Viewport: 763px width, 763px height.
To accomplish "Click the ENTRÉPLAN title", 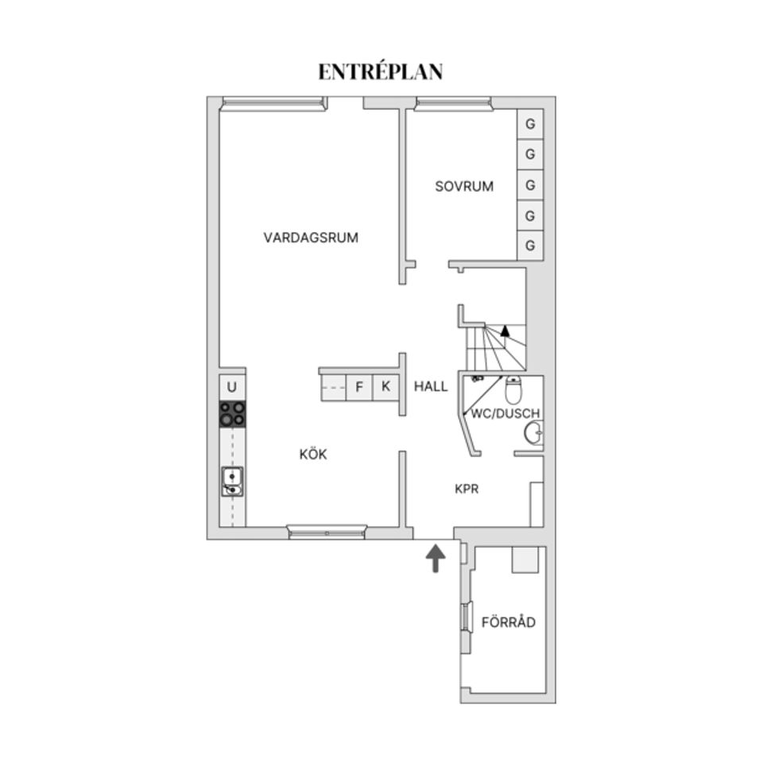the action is click(381, 72).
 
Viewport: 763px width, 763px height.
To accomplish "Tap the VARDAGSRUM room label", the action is click(311, 237).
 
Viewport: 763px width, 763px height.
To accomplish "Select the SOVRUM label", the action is click(464, 187).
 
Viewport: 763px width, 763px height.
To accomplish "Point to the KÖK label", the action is click(313, 455).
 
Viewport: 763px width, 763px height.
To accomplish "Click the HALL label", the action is click(431, 387).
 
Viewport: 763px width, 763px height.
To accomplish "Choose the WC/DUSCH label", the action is click(505, 413).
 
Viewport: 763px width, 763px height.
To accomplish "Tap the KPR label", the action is click(467, 490).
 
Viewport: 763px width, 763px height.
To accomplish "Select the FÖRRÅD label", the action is click(509, 622).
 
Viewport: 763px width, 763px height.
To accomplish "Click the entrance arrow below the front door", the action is click(436, 559).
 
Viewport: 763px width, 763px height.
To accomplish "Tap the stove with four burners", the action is click(233, 414).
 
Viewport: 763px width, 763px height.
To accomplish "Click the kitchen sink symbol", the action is click(232, 481).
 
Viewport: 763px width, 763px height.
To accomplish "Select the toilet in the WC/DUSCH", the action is click(513, 389).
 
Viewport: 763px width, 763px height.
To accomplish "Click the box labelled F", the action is click(359, 387).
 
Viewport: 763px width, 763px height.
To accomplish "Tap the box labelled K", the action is click(385, 387).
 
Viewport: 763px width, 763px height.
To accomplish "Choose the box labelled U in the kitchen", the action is click(232, 387).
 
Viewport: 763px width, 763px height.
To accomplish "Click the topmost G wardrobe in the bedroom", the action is click(530, 125).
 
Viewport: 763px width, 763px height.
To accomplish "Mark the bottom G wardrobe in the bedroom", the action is click(530, 245).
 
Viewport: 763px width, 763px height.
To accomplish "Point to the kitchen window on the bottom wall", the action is click(327, 532).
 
